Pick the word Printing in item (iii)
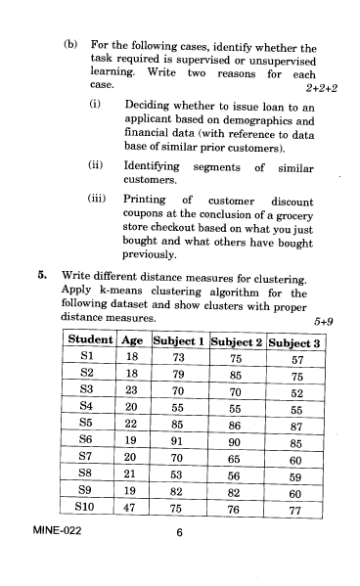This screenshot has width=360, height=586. click(x=149, y=200)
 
